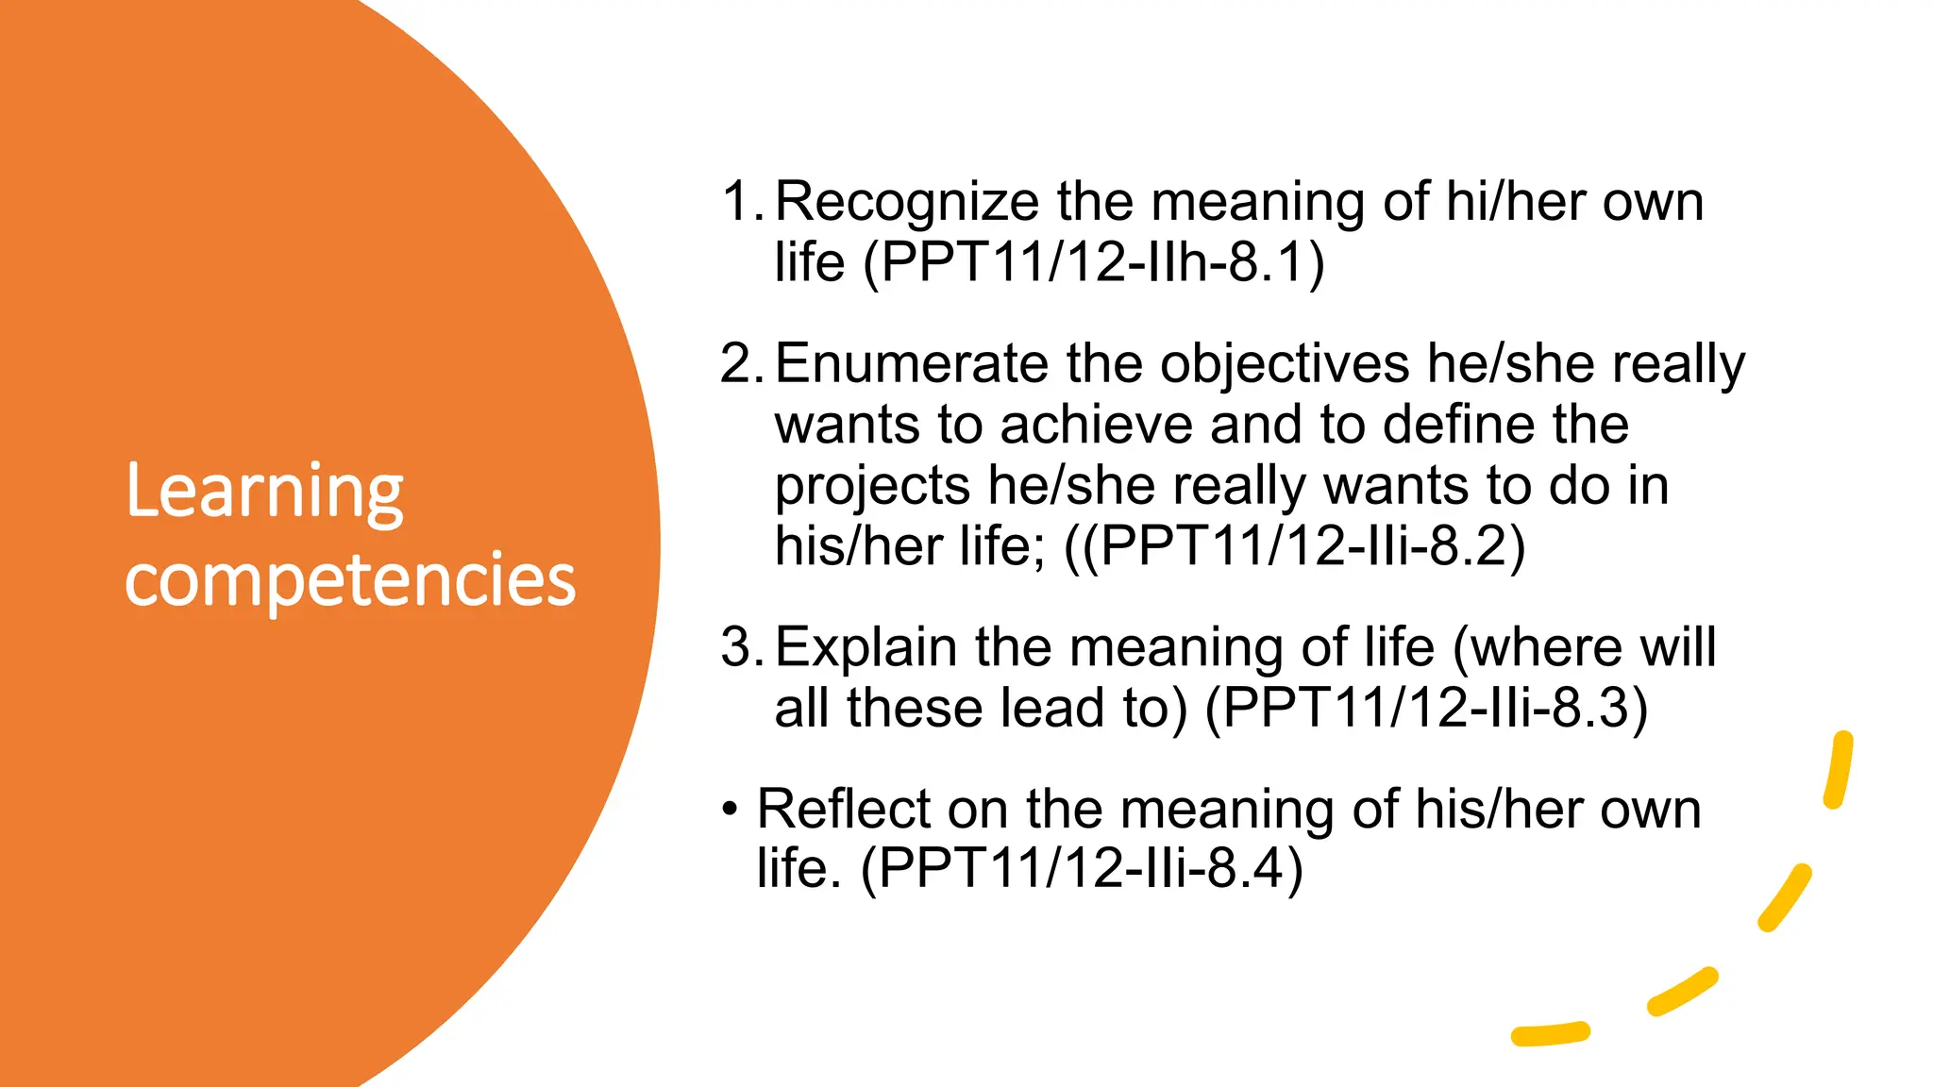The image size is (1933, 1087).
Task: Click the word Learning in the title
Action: tap(264, 493)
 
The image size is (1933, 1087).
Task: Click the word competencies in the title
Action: tap(350, 578)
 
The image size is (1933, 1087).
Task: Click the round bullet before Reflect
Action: tap(729, 810)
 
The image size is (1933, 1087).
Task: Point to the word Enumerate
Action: tap(911, 363)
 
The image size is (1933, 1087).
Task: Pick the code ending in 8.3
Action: tap(1426, 708)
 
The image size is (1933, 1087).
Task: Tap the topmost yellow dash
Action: tap(1838, 769)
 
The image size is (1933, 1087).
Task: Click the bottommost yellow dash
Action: tap(1550, 1034)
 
